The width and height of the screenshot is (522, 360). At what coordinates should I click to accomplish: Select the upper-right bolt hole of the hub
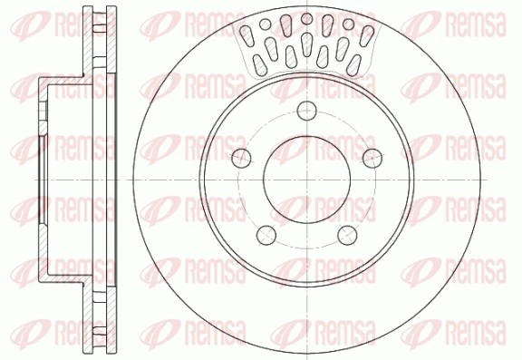coord(370,158)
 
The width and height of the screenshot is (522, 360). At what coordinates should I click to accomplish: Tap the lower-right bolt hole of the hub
coord(347,235)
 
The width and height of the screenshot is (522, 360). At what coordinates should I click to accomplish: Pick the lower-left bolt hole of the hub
coord(268,235)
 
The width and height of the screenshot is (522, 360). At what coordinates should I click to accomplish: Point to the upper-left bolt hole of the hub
coord(242,159)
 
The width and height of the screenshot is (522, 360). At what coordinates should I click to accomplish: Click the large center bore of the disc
coord(307,179)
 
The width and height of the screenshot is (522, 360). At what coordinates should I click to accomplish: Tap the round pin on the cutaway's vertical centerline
coord(307,18)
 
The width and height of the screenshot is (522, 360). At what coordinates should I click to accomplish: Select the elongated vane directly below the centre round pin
coord(307,40)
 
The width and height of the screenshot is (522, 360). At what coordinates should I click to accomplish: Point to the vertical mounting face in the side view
coord(43,180)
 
